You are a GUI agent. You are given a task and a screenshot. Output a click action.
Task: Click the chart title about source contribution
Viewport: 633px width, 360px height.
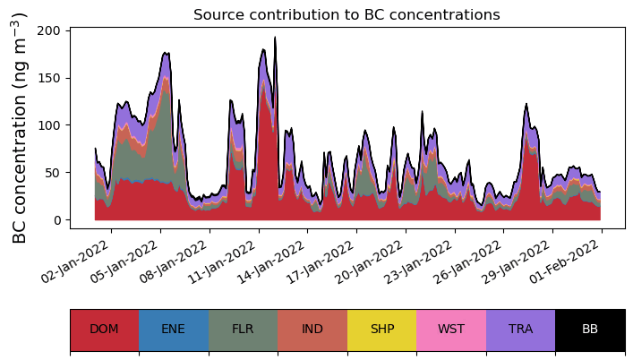click(x=346, y=14)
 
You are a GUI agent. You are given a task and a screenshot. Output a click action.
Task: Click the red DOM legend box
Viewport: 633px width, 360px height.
click(x=104, y=330)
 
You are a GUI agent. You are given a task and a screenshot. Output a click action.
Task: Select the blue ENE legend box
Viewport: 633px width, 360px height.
click(x=174, y=330)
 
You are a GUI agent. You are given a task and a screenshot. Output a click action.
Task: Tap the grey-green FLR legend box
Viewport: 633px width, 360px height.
click(x=243, y=330)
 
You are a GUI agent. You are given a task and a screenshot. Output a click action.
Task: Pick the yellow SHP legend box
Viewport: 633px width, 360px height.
click(x=381, y=330)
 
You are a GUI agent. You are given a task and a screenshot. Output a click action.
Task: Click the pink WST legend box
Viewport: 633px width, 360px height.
click(x=451, y=330)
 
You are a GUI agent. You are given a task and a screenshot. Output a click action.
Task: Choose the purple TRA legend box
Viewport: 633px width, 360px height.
click(x=520, y=330)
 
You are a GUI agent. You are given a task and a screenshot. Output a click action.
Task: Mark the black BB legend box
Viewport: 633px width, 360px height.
click(x=590, y=330)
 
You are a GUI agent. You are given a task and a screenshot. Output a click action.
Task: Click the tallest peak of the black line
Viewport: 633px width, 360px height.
click(x=275, y=38)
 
